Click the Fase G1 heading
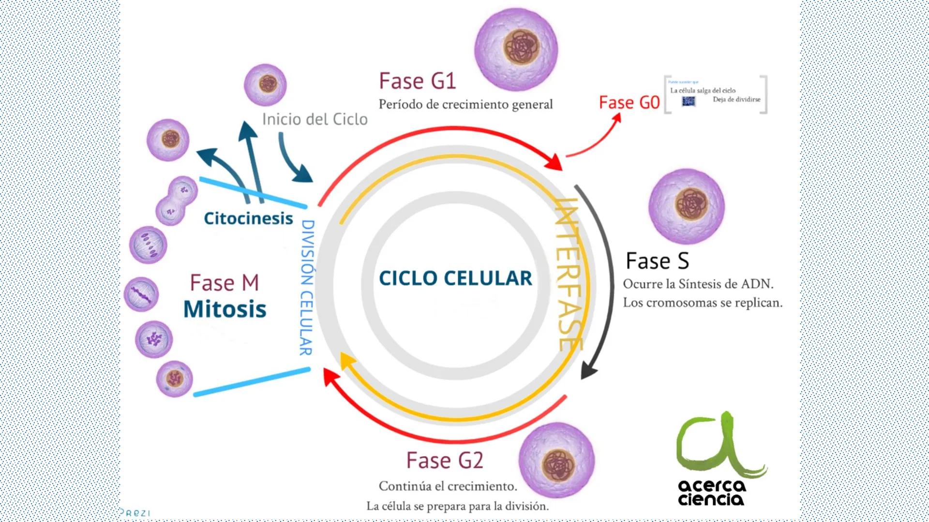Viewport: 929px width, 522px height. click(x=417, y=81)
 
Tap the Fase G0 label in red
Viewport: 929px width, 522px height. click(x=629, y=102)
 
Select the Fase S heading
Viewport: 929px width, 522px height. click(x=657, y=261)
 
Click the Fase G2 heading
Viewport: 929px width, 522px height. click(x=444, y=460)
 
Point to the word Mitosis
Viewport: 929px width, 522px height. click(x=225, y=309)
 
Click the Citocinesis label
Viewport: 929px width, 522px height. click(x=248, y=218)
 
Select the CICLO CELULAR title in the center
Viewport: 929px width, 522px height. click(x=455, y=278)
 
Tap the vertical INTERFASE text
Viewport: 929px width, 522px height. click(x=569, y=274)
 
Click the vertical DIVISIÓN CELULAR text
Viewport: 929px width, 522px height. click(x=307, y=288)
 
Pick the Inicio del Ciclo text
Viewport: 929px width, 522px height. click(x=315, y=119)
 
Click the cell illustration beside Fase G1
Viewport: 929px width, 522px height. click(x=516, y=49)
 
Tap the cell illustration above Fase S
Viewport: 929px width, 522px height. click(x=687, y=206)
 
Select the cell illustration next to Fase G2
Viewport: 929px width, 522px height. click(x=556, y=461)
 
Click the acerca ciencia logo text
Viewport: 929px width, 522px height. click(x=711, y=493)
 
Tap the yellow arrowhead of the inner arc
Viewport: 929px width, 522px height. click(x=347, y=360)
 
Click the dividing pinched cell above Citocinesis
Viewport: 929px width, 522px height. click(x=177, y=201)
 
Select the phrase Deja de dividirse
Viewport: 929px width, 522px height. click(x=736, y=100)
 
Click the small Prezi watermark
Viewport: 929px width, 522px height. click(x=135, y=513)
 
